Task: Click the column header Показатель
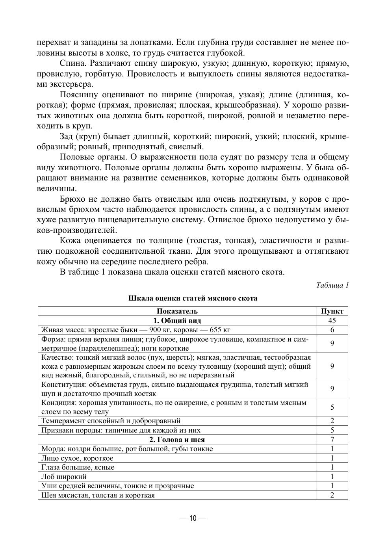177,311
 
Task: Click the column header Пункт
332,311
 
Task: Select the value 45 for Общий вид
332,321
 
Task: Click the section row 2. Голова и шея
177,440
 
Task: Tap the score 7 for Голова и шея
332,440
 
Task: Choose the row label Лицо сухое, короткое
77,458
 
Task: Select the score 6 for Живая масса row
332,330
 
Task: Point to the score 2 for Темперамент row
332,421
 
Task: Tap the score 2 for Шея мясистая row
332,495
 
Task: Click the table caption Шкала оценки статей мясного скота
193,298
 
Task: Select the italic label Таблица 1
332,285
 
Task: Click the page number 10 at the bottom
193,518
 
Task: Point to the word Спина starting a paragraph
72,63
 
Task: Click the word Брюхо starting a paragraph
72,199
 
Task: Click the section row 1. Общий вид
177,321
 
